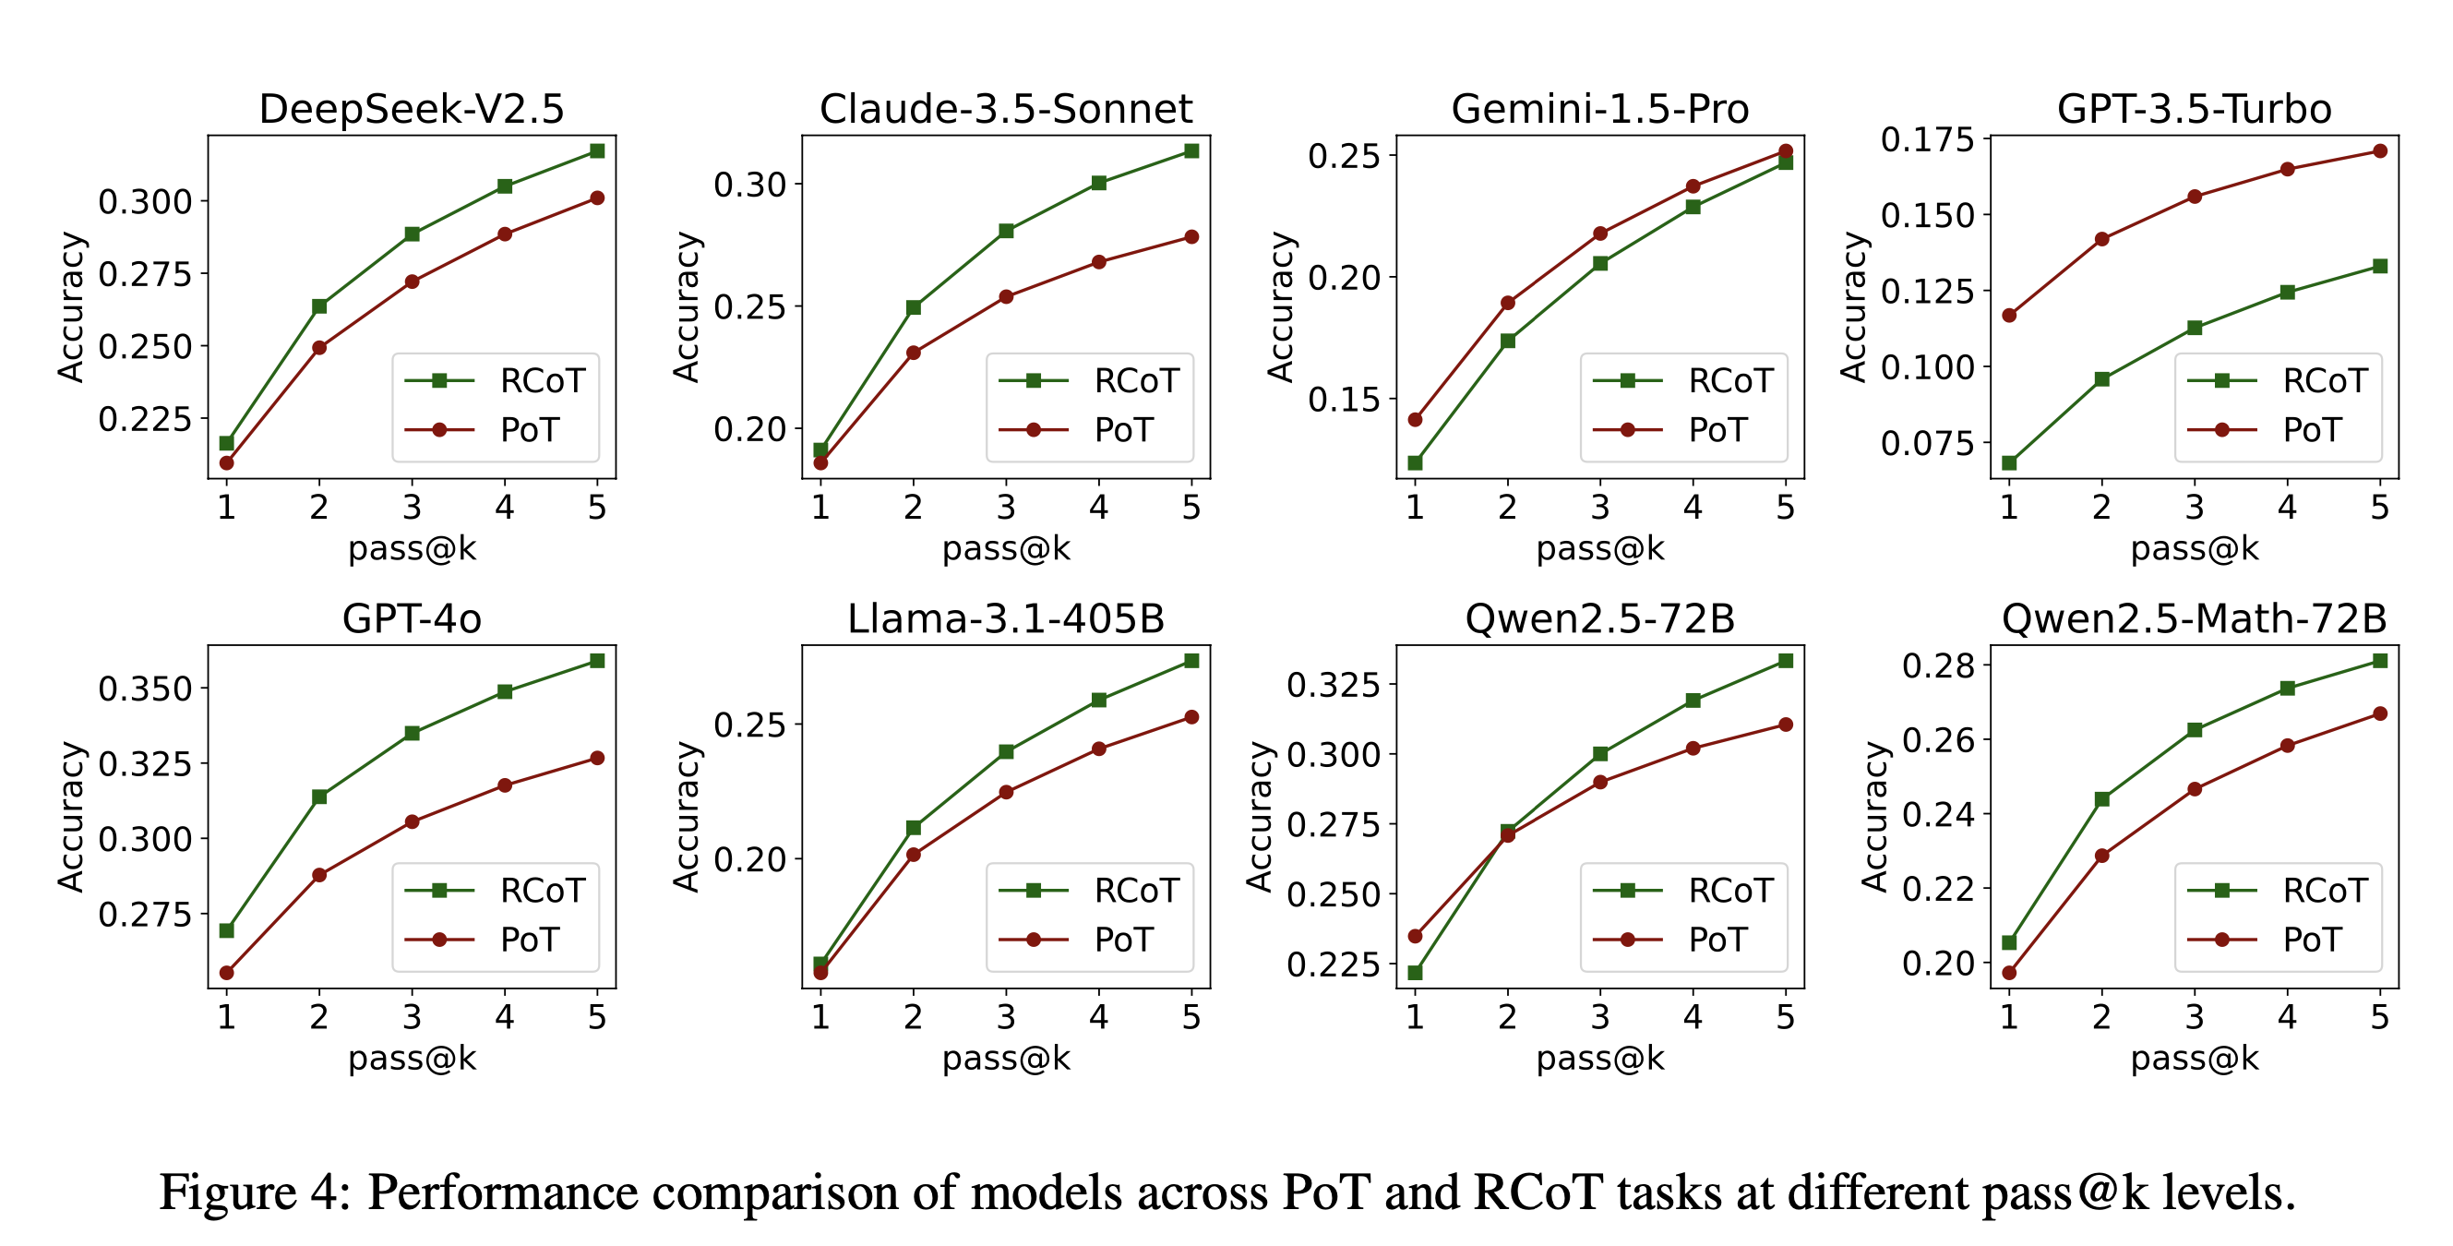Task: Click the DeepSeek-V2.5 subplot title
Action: tap(412, 109)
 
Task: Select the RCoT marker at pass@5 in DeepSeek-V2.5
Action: tap(597, 150)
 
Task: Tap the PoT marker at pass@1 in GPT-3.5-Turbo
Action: tap(2009, 316)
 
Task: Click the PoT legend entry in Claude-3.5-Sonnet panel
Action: tap(1123, 431)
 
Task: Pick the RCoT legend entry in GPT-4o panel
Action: tap(542, 891)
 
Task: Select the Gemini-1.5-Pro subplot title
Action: tap(1599, 109)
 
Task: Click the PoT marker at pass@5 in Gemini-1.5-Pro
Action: tap(1786, 150)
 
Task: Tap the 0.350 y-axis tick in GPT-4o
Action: tap(145, 689)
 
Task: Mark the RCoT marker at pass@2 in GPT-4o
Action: tap(319, 797)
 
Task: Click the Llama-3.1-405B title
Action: tap(1006, 619)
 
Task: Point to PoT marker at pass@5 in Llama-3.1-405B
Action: tap(1191, 717)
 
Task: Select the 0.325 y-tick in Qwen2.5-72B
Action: tap(1334, 684)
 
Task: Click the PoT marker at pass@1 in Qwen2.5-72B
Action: tap(1415, 937)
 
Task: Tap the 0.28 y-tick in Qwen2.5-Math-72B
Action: tap(1939, 665)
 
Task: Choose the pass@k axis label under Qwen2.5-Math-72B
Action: tap(2194, 1059)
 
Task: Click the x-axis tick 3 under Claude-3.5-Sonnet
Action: tap(1006, 508)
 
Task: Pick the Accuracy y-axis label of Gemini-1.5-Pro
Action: tap(1281, 306)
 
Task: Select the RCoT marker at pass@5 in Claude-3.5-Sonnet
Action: tap(1191, 150)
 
